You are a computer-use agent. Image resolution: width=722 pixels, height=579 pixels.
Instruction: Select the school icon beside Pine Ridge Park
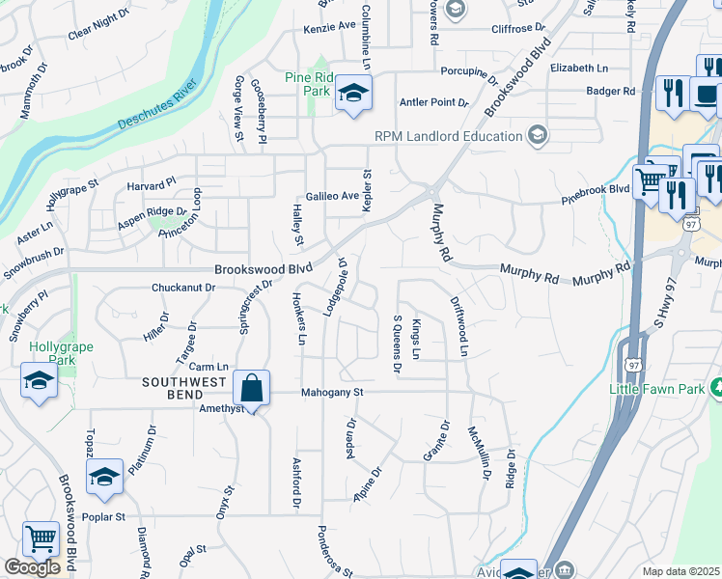353,94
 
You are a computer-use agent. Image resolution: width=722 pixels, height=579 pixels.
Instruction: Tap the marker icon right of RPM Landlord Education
538,135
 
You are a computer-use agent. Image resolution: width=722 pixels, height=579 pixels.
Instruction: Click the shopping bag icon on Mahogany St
251,389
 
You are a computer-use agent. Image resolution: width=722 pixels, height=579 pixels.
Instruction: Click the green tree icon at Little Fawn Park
717,388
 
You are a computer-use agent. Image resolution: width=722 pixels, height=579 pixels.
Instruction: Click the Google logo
32,567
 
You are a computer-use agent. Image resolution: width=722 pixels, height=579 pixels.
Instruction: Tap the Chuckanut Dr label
180,288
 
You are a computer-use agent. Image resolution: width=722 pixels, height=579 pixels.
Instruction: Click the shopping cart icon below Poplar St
41,539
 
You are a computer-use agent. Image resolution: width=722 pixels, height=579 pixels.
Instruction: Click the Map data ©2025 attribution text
681,571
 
